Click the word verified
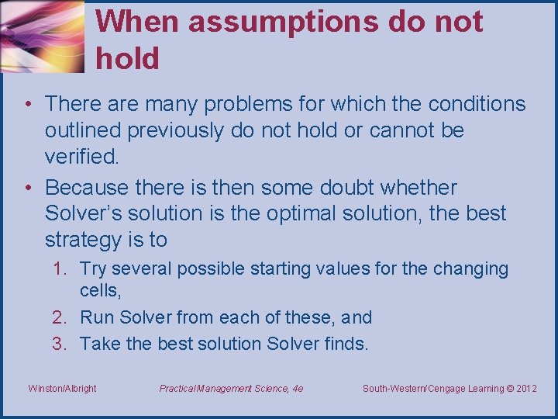[82, 157]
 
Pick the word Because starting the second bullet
[86, 188]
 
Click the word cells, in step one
[100, 291]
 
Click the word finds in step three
[345, 344]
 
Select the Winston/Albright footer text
[62, 388]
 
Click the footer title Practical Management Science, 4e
[231, 388]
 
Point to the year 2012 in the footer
[525, 388]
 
